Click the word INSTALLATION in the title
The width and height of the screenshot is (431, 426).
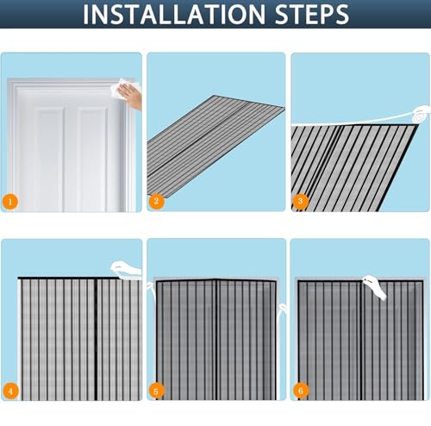coord(174,14)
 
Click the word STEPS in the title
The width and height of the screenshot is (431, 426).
coord(312,14)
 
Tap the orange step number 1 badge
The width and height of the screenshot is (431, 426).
coord(10,202)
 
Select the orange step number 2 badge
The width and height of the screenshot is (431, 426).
coord(156,201)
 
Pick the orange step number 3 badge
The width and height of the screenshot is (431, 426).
coord(300,201)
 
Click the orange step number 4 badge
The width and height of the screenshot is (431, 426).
coord(10,391)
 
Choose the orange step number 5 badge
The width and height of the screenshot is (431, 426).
coord(156,392)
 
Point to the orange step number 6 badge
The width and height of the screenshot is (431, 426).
coord(301,391)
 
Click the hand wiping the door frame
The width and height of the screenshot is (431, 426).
coord(131,97)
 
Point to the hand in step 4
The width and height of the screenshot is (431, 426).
coord(126,269)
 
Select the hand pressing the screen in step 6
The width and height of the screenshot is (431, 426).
coord(374,287)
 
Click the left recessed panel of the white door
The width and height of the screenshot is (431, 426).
coord(49,158)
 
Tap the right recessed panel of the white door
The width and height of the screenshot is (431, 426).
coord(92,158)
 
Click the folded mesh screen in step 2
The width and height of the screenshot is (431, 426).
coord(215,146)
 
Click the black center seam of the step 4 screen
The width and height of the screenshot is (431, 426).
coord(96,339)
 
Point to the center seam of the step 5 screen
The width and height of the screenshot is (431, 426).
coord(216,340)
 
